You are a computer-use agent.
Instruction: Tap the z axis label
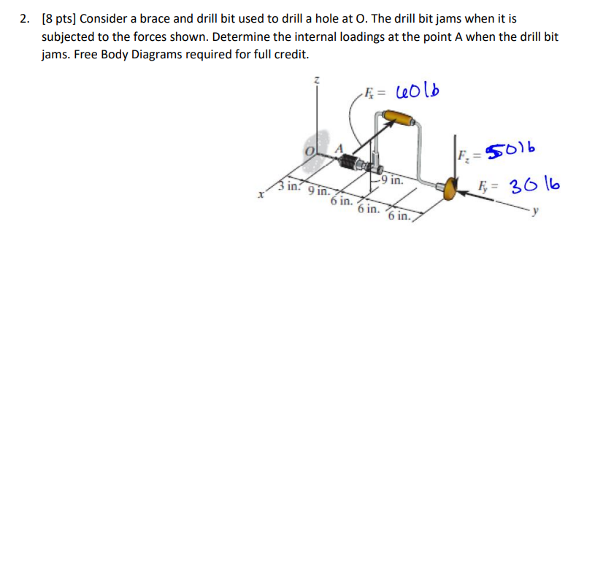pos(316,80)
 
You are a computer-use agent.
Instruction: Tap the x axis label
pos(259,195)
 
